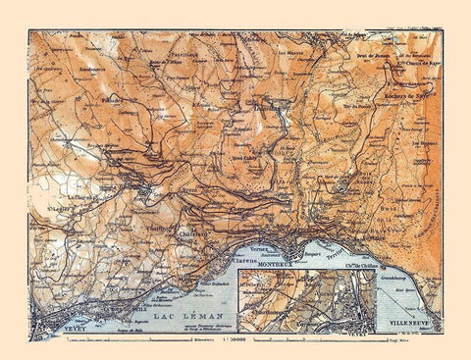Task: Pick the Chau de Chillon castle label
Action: (357, 265)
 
